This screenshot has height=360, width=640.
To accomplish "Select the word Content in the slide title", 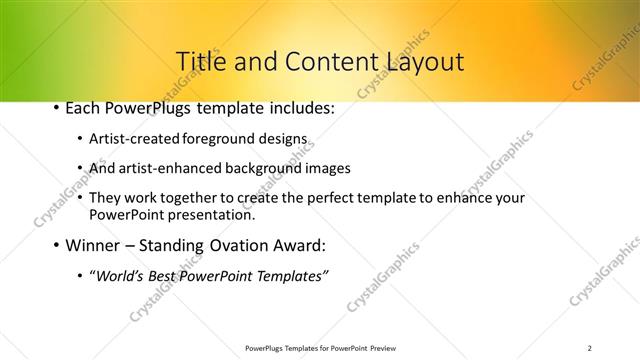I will point(324,62).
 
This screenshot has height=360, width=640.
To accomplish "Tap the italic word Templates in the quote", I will point(290,275).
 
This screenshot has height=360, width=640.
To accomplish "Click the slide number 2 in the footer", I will point(589,348).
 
